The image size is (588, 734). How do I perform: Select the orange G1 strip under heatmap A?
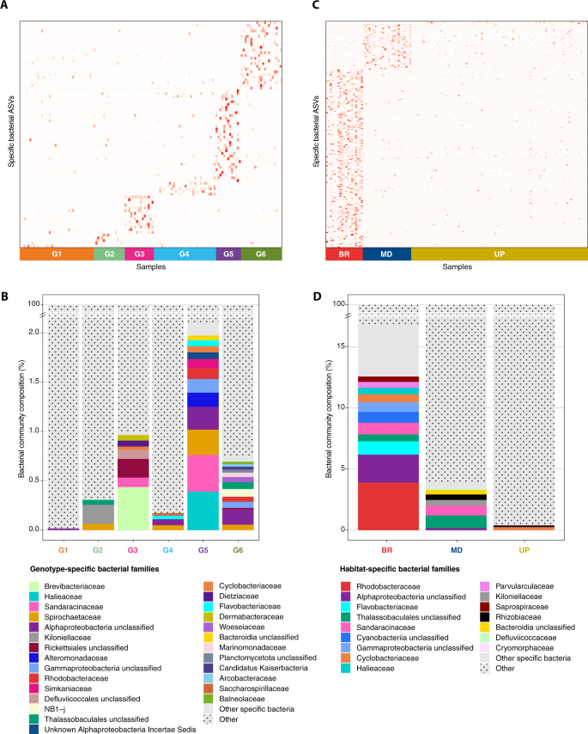(56, 254)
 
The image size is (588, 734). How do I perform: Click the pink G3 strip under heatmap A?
(139, 254)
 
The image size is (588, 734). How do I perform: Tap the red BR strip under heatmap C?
(343, 254)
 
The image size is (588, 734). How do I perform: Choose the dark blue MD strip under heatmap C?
(386, 254)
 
